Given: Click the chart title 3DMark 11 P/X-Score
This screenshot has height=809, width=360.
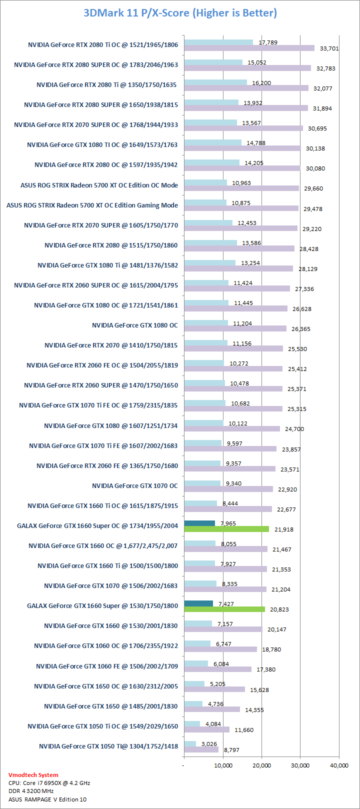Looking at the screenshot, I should [180, 13].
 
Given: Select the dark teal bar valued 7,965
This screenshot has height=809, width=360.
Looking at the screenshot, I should [199, 523].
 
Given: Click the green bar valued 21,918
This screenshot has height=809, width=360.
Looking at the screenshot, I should [226, 529].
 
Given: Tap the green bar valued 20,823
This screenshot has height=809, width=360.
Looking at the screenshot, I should [224, 609].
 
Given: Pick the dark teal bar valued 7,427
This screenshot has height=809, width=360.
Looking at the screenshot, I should [198, 603].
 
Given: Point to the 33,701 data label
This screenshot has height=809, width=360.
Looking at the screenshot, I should [329, 48].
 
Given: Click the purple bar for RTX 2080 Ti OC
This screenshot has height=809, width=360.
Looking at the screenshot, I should [249, 48].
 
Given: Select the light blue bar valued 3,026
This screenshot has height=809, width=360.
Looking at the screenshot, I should [190, 743].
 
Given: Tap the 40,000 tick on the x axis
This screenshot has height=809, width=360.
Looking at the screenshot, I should [339, 765].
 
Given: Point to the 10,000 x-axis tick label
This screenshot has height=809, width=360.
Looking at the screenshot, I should [223, 765].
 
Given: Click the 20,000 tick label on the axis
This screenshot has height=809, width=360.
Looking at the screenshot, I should [261, 765].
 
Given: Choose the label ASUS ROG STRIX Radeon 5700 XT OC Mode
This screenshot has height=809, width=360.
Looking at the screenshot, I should [99, 185].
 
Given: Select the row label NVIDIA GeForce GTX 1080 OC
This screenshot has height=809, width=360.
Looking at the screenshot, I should [134, 325].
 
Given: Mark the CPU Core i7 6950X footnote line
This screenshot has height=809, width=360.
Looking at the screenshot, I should [49, 783].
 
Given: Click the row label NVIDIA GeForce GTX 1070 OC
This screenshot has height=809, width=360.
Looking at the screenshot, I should [134, 485].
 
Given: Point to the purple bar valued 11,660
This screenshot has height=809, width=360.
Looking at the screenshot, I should [206, 729].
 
